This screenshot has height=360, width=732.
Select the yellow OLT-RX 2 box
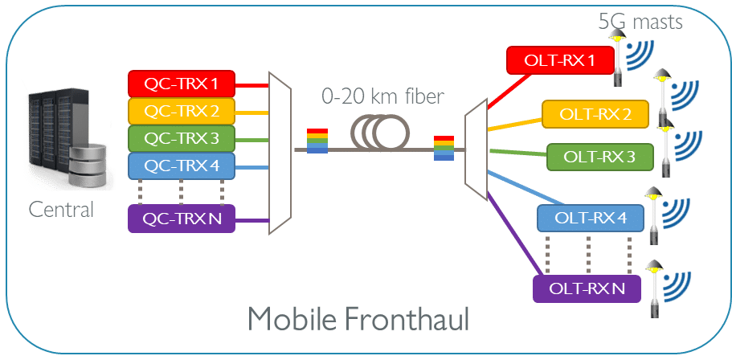[x=595, y=115]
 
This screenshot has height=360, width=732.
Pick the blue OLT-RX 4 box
[x=591, y=219]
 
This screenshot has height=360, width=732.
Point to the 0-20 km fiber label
[x=382, y=99]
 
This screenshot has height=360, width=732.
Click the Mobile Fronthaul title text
[x=358, y=320]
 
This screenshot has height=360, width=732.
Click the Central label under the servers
[x=61, y=211]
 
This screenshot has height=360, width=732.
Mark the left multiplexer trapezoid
[x=280, y=153]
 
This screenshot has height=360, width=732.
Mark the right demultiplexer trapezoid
[x=476, y=149]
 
